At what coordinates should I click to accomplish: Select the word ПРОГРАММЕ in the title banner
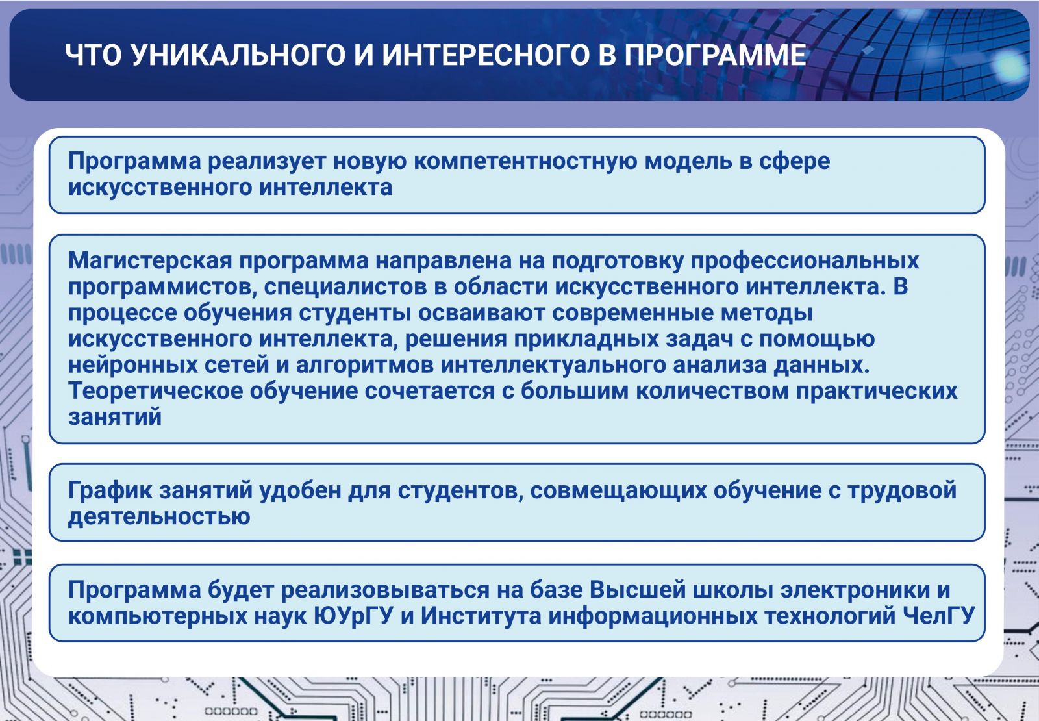click(715, 55)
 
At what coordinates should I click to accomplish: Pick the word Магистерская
click(150, 260)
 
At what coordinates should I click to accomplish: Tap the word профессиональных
click(805, 261)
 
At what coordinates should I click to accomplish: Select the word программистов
click(163, 287)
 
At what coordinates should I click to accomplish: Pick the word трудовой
click(902, 491)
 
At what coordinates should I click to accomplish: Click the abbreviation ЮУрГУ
click(353, 616)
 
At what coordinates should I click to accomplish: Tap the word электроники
click(855, 590)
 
